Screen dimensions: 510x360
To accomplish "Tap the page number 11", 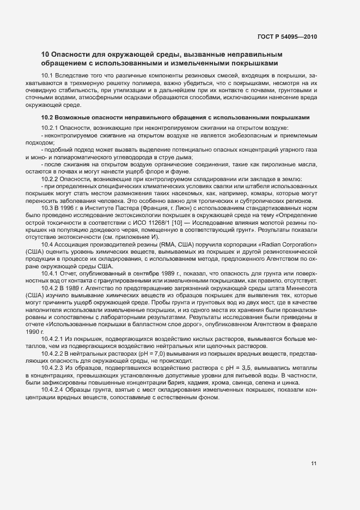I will coord(314,463).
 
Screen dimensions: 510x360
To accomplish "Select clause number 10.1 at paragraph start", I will coord(46,74).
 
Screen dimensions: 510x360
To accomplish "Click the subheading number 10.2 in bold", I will coord(47,117).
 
